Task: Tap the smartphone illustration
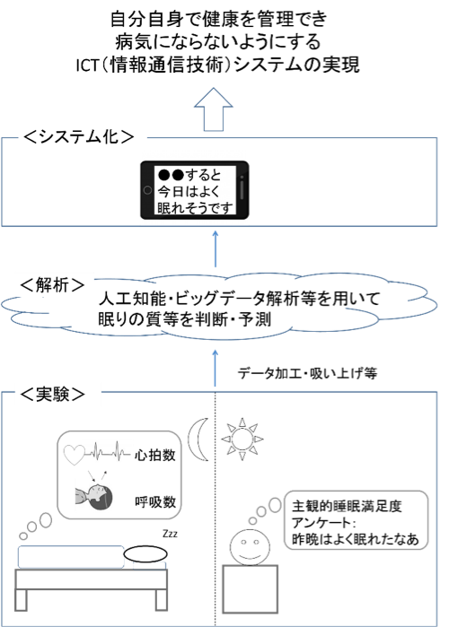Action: pyautogui.click(x=195, y=190)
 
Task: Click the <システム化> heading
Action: pyautogui.click(x=78, y=136)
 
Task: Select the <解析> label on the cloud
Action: pyautogui.click(x=52, y=285)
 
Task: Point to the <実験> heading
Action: pyautogui.click(x=52, y=395)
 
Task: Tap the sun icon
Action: pyautogui.click(x=242, y=439)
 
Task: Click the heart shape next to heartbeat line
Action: pyautogui.click(x=75, y=455)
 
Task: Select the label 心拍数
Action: pyautogui.click(x=154, y=455)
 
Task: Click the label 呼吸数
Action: pyautogui.click(x=155, y=501)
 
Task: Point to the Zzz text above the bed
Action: pyautogui.click(x=170, y=534)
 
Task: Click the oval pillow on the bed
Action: pyautogui.click(x=145, y=554)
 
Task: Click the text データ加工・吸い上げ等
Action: pyautogui.click(x=307, y=373)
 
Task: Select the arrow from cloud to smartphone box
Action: pyautogui.click(x=216, y=248)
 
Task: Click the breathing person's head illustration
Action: pyautogui.click(x=94, y=496)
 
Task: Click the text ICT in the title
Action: pyautogui.click(x=87, y=65)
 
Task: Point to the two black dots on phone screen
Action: pyautogui.click(x=171, y=175)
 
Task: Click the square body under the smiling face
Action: pyautogui.click(x=251, y=589)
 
